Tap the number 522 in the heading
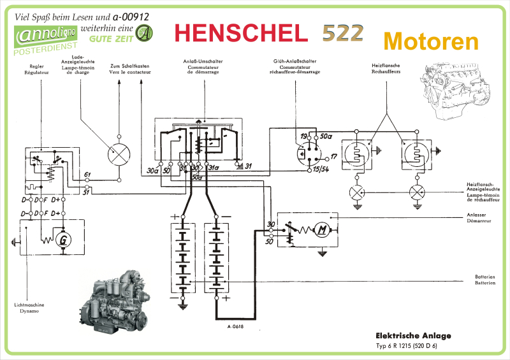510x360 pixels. point(342,33)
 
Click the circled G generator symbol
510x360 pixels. point(62,240)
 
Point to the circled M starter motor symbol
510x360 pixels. point(323,229)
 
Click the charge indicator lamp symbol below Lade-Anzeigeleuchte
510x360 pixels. point(119,153)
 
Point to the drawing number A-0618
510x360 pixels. point(235,327)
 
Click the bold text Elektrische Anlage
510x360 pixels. point(413,336)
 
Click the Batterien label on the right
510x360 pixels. point(484,279)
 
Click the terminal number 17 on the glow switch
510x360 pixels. point(333,155)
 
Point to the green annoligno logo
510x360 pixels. point(47,36)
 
